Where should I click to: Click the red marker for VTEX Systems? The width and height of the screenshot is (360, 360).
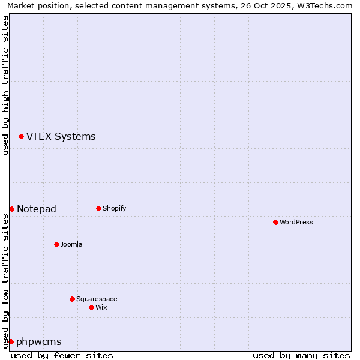21,137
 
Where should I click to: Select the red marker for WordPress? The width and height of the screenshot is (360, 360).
275,222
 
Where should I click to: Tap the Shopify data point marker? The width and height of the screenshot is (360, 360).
98,209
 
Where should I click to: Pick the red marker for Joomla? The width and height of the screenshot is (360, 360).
56,244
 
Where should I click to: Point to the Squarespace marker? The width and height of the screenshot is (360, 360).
72,299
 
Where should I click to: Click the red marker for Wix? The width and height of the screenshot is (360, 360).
91,307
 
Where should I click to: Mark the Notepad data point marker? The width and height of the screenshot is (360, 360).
11,209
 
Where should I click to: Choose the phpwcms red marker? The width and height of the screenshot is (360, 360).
11,341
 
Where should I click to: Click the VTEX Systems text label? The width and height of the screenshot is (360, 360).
61,137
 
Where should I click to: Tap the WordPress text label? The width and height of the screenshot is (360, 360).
296,222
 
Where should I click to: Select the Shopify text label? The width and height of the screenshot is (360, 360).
114,209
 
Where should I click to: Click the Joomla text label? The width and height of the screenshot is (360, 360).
71,244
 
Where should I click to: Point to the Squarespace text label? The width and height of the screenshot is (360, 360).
97,299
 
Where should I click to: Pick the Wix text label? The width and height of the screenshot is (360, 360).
101,307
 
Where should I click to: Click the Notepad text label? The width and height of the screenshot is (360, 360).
37,209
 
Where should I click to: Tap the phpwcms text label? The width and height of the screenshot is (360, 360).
39,341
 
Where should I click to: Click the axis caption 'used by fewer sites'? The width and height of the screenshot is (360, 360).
62,355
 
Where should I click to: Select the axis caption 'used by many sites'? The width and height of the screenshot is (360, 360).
301,355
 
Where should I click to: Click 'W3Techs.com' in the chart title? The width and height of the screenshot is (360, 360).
328,5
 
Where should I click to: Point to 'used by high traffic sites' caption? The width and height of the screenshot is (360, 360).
5,85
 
